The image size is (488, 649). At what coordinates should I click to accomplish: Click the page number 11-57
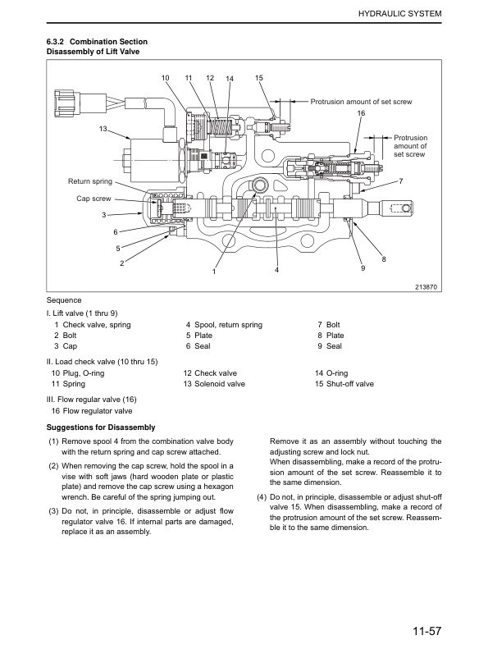point(426,631)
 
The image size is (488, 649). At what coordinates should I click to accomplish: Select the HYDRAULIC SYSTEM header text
point(398,15)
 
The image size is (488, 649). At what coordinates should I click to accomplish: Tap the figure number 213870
point(425,286)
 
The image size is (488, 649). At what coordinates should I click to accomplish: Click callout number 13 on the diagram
point(103,130)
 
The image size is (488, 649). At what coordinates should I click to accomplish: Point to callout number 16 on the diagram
point(360,112)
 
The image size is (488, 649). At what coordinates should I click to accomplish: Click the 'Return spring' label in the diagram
point(90,181)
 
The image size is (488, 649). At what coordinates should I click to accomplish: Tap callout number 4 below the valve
point(277,270)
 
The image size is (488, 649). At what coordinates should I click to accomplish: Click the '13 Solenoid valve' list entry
point(214,383)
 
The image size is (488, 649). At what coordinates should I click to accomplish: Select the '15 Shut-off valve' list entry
point(344,383)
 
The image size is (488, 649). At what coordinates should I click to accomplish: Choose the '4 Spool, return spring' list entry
point(224,325)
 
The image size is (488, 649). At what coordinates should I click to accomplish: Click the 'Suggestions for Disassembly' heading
point(101,427)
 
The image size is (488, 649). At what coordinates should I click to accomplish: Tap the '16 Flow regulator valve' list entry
point(92,411)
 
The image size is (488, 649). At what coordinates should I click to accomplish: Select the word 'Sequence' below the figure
point(64,300)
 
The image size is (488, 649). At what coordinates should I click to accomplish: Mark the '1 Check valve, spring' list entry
point(92,325)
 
